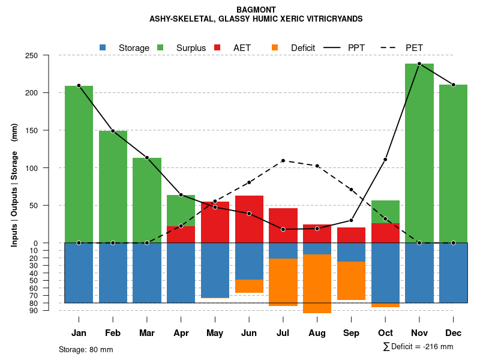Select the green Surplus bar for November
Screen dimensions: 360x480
click(x=419, y=153)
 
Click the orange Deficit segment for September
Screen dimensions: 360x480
click(x=351, y=281)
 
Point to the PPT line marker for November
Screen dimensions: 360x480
click(x=419, y=64)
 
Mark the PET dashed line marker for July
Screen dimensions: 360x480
click(x=283, y=161)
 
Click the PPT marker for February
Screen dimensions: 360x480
click(x=113, y=131)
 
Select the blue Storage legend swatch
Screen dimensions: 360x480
click(x=103, y=47)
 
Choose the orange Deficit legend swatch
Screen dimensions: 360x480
click(x=275, y=47)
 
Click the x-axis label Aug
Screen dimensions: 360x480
click(x=317, y=333)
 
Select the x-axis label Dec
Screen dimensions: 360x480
click(x=453, y=333)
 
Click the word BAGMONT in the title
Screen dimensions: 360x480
click(x=256, y=10)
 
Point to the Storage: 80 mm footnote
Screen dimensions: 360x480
click(x=86, y=349)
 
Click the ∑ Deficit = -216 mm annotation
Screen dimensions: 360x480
click(x=418, y=347)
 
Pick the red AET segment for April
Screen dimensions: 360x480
click(x=181, y=235)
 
